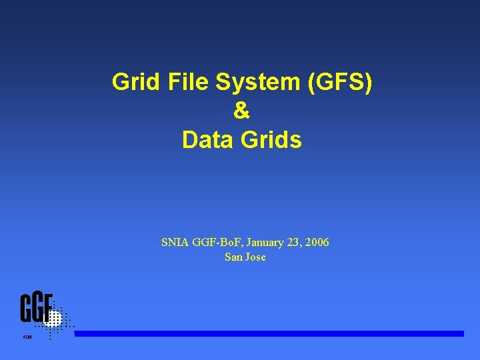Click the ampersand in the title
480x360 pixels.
[x=241, y=111]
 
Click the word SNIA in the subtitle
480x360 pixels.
[x=175, y=243]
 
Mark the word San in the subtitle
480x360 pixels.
[x=233, y=257]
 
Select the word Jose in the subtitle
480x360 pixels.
[x=255, y=257]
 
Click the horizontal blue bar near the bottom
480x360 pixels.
[x=269, y=333]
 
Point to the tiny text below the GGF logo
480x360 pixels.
[x=27, y=337]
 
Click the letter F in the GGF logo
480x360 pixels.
[x=48, y=308]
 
